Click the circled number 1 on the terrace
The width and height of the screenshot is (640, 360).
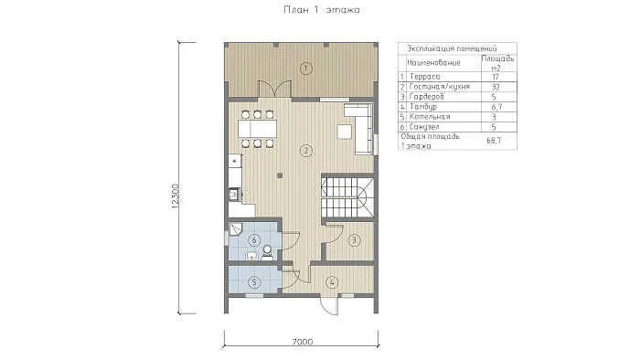coord(305,69)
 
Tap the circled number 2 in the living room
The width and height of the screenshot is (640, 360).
coord(305,151)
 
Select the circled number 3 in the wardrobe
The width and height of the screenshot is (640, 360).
coord(354,240)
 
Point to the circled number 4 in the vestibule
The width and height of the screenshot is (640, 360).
coord(332,282)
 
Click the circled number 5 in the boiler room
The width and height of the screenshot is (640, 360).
coord(254,282)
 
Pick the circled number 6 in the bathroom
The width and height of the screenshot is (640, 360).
coord(254,240)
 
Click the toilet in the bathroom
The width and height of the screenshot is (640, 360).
coord(267,252)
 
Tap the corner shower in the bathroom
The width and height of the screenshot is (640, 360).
coord(235,229)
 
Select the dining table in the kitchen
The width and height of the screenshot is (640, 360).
coord(257,129)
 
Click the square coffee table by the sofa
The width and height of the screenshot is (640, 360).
coord(344,132)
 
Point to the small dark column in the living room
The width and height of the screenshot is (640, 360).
coord(280,175)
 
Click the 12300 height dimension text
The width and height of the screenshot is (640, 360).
coord(176,196)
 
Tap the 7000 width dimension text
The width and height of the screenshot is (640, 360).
coord(303,342)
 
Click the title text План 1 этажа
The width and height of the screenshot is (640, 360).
coord(322,10)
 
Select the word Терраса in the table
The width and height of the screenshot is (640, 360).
coord(425,77)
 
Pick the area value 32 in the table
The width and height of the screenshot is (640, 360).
coord(496,87)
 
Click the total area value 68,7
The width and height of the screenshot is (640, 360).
coord(494,141)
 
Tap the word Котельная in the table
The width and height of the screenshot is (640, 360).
coord(430,117)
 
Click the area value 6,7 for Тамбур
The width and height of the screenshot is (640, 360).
coord(496,107)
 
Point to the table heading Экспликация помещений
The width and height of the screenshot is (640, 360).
coord(452,48)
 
